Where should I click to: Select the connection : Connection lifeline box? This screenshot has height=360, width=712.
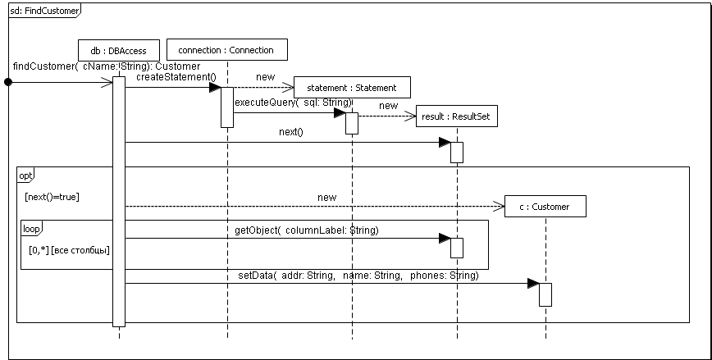click(x=226, y=50)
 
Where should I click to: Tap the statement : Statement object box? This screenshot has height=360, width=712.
click(x=351, y=88)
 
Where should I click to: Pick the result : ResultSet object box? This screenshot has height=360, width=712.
click(x=455, y=117)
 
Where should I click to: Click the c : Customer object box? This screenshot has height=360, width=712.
click(x=545, y=207)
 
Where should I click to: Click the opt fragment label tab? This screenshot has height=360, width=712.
click(x=26, y=175)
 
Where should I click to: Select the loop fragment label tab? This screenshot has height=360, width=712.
click(x=30, y=227)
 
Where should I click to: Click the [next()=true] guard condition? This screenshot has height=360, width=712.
click(x=52, y=198)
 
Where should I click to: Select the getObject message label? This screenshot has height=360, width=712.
click(x=306, y=230)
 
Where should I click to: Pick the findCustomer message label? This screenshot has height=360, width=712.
click(x=107, y=66)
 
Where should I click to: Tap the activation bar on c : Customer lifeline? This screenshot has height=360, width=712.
click(x=545, y=294)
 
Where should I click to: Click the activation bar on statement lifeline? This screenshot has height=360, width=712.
click(x=351, y=122)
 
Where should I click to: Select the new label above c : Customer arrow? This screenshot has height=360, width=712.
click(x=326, y=198)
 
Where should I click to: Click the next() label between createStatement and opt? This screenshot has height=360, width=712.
click(x=290, y=131)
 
